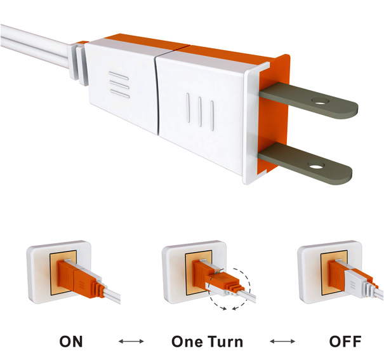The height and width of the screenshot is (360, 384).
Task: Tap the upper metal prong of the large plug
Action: click(x=308, y=100)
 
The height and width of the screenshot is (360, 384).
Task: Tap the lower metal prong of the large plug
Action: click(x=305, y=163)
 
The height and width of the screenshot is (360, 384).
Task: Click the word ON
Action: click(x=71, y=342)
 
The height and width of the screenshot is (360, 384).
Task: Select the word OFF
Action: click(x=345, y=342)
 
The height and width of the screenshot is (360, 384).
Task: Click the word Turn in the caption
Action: click(x=225, y=342)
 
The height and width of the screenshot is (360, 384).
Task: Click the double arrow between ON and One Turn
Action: click(x=131, y=341)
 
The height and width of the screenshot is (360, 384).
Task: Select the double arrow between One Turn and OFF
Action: click(x=282, y=341)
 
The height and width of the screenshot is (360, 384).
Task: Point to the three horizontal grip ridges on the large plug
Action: click(x=119, y=84)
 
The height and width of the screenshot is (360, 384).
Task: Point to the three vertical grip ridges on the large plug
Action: click(x=200, y=112)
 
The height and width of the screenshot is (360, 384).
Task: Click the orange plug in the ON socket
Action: click(x=78, y=279)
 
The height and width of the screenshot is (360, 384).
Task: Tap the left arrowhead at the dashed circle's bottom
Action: click(x=224, y=309)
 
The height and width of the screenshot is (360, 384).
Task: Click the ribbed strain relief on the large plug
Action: click(x=79, y=63)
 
